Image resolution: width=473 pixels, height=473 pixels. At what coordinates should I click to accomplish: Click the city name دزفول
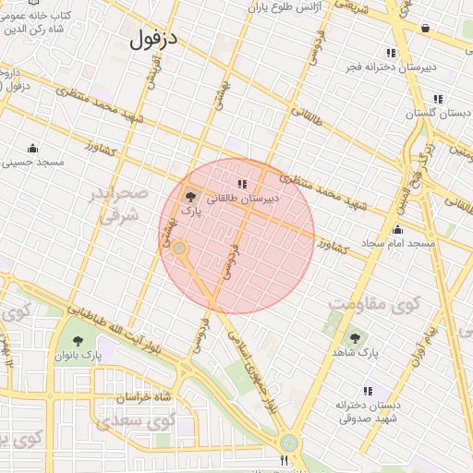(153, 39)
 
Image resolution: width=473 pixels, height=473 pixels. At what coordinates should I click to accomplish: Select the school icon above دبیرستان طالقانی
(242, 184)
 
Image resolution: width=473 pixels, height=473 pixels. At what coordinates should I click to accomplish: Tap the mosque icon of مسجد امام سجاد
(398, 230)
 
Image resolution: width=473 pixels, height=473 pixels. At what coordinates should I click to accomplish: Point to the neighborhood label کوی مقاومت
(373, 303)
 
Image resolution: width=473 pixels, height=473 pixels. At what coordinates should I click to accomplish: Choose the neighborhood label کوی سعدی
(148, 421)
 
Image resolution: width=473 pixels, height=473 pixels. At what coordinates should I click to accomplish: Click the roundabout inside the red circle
(180, 249)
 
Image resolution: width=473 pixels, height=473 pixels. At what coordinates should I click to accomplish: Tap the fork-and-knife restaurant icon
(285, 460)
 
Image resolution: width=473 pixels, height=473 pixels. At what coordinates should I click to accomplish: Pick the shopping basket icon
(424, 29)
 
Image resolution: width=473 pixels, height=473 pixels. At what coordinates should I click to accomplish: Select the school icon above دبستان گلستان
(438, 99)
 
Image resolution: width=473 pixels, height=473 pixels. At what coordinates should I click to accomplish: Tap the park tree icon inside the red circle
(190, 196)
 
